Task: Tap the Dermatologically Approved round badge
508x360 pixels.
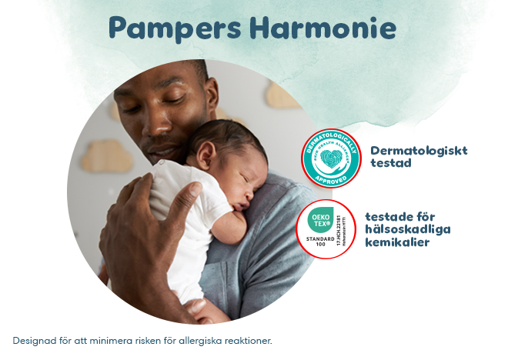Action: [331, 158]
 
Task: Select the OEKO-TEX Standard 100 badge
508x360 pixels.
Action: [326, 228]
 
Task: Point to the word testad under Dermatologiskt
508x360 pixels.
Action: [391, 163]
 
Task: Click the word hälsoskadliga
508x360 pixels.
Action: [407, 229]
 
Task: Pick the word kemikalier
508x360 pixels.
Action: [396, 243]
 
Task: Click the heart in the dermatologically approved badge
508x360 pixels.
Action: [331, 159]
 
